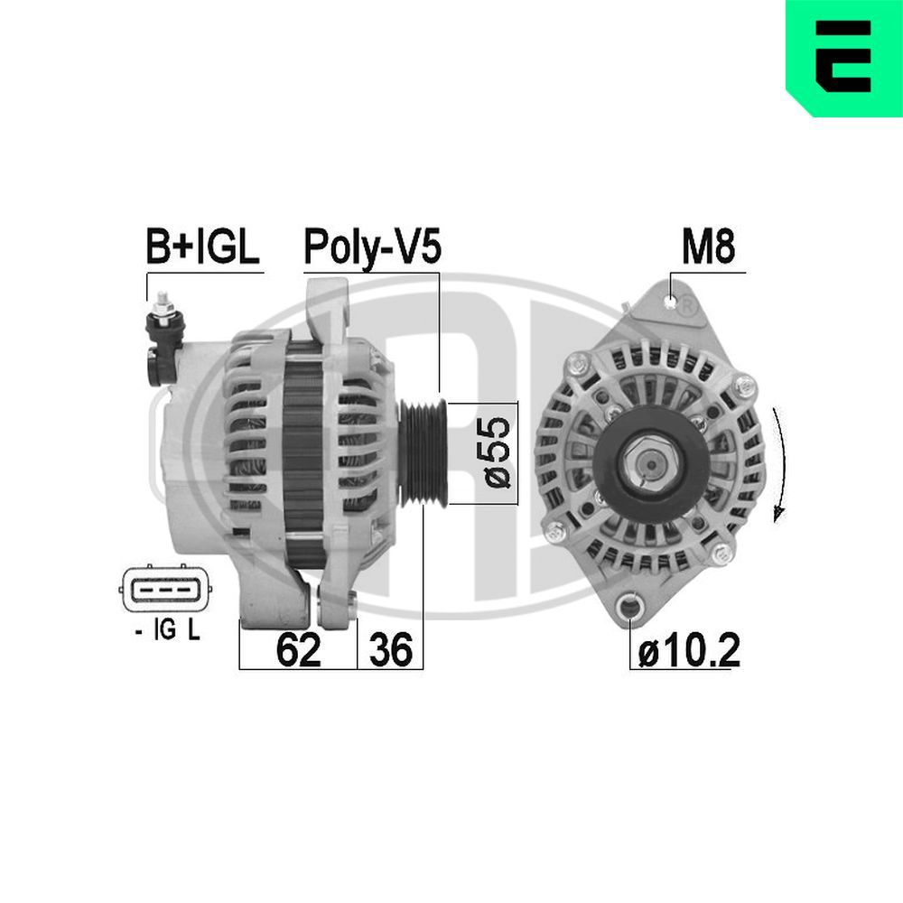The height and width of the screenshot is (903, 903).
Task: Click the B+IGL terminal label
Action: [x=203, y=247]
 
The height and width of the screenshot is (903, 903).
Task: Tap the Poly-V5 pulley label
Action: [x=372, y=247]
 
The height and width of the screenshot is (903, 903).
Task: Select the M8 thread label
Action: [x=709, y=247]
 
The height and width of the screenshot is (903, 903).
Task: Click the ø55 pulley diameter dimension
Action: [x=500, y=451]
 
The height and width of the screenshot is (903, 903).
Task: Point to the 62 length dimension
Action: [x=298, y=649]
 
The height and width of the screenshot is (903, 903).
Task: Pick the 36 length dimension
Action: [x=390, y=649]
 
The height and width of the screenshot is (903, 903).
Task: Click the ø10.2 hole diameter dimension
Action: [x=689, y=650]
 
